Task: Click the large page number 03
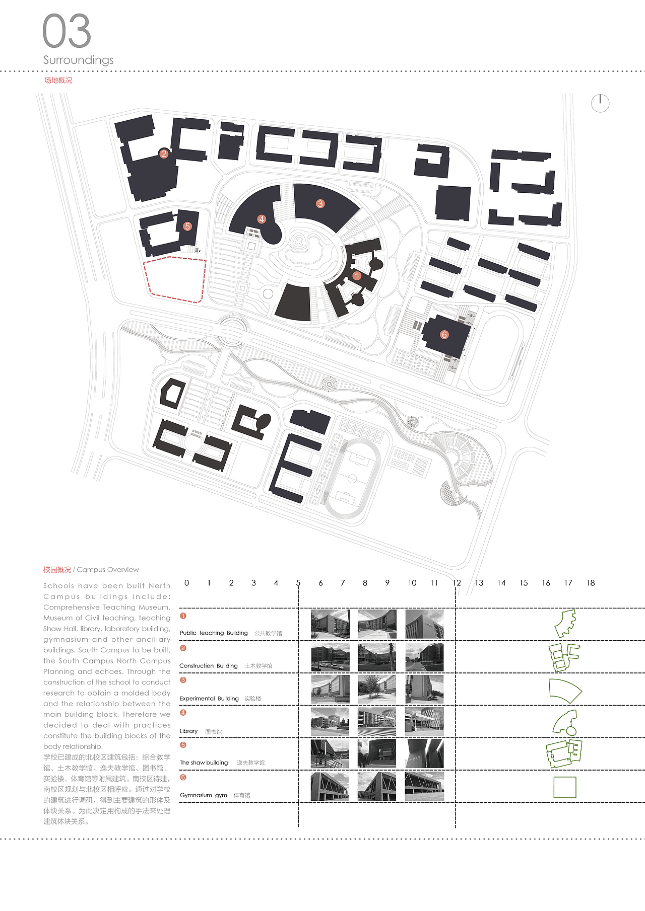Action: coord(67,31)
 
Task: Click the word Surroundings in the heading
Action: coord(79,60)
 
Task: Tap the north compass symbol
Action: coord(600,103)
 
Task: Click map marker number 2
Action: coord(163,154)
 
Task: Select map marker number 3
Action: coord(320,204)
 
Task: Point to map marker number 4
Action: coord(261,219)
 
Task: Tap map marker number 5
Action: coord(187,226)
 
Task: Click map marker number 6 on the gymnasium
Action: coord(444,335)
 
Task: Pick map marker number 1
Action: coord(357,276)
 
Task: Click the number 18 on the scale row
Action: coord(591,583)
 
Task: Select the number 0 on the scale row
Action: coord(186,583)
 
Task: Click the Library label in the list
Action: coord(188,731)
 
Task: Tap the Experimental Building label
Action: coord(209,699)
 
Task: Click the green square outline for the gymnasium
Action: coord(564,787)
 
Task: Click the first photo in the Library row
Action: coord(330,721)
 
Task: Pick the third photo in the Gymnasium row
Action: coord(424,786)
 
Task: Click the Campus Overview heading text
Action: coord(108,570)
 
